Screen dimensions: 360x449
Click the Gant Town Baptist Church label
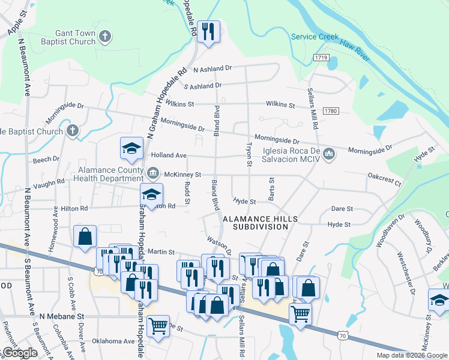[67, 37]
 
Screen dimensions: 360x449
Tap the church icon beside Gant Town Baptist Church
[105, 37]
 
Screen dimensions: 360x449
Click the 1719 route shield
[321, 58]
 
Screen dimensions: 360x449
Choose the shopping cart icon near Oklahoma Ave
[158, 326]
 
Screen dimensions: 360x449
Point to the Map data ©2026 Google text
[411, 355]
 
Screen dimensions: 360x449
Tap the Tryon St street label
[248, 154]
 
